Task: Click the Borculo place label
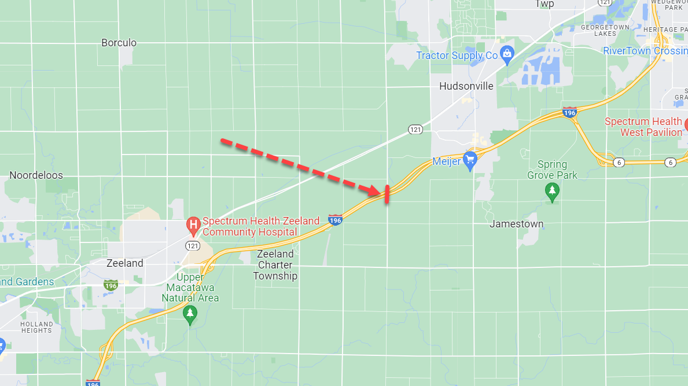pyautogui.click(x=119, y=43)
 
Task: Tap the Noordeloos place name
pyautogui.click(x=36, y=175)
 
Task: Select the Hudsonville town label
pyautogui.click(x=466, y=86)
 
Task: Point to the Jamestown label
pyautogui.click(x=517, y=224)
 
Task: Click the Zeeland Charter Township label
pyautogui.click(x=275, y=265)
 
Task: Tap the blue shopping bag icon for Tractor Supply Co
pyautogui.click(x=507, y=55)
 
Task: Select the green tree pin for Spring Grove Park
pyautogui.click(x=552, y=192)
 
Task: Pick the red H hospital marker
pyautogui.click(x=193, y=226)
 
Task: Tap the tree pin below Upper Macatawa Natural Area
pyautogui.click(x=190, y=315)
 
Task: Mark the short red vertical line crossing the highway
pyautogui.click(x=387, y=194)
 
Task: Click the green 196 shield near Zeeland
pyautogui.click(x=111, y=285)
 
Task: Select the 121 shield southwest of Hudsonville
pyautogui.click(x=415, y=129)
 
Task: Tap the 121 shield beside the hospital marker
pyautogui.click(x=193, y=246)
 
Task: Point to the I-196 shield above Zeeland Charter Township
pyautogui.click(x=335, y=220)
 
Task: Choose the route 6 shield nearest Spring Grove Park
pyautogui.click(x=619, y=162)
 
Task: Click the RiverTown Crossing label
pyautogui.click(x=645, y=51)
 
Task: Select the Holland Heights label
pyautogui.click(x=36, y=327)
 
